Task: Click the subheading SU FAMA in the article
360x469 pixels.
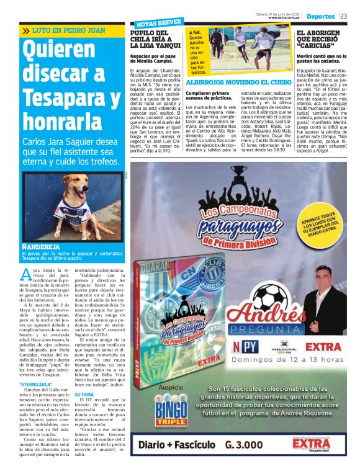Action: (x=84, y=395)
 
